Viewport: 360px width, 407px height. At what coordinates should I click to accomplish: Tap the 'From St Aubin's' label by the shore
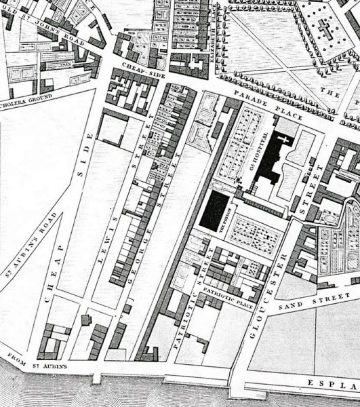pyautogui.click(x=38, y=361)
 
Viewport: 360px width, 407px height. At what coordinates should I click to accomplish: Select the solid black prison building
pyautogui.click(x=216, y=210)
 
